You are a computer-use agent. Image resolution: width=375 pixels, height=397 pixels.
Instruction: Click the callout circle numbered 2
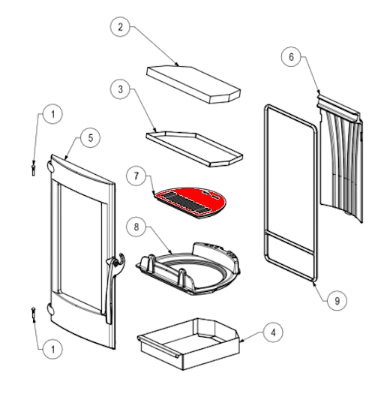[120, 26]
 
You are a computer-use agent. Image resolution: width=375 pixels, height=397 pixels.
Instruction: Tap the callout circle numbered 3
[120, 89]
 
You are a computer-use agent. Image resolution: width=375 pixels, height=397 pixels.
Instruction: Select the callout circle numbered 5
[91, 138]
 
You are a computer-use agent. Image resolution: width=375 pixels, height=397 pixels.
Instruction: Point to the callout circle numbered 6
[291, 57]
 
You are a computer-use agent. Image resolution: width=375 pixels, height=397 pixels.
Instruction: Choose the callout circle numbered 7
[136, 176]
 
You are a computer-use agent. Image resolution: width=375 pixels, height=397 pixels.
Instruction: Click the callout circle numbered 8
[136, 227]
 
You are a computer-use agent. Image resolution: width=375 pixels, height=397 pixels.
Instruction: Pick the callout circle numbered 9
[337, 301]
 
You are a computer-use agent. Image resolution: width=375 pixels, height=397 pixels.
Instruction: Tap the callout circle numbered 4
[273, 332]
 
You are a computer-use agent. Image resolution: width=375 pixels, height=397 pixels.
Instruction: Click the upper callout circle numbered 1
[52, 114]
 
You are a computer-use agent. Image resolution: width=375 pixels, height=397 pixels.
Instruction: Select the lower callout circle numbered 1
[52, 350]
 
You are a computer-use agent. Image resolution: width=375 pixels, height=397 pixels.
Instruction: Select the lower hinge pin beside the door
[33, 314]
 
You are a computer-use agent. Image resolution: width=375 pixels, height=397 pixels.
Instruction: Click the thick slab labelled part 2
[193, 84]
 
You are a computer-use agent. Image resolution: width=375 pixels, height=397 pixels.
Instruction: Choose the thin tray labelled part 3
[194, 149]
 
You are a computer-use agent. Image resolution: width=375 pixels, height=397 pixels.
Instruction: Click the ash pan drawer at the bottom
[188, 344]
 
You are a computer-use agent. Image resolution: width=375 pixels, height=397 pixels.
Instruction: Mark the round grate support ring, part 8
[188, 269]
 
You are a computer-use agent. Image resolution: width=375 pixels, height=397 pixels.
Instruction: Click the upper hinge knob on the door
[50, 167]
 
